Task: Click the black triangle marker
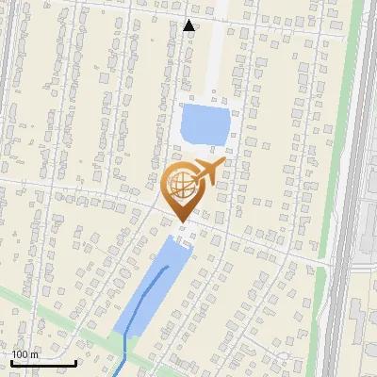click(x=189, y=25)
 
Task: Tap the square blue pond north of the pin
click(x=205, y=123)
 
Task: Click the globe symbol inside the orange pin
click(x=181, y=183)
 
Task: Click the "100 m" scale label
click(x=25, y=354)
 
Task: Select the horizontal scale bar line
click(x=43, y=363)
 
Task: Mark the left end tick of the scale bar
click(x=11, y=361)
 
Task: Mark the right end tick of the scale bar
click(x=75, y=361)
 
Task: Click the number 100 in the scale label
click(x=21, y=354)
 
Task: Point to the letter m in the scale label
click(x=34, y=354)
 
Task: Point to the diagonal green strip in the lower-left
click(x=47, y=312)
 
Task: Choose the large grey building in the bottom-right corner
click(x=363, y=339)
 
